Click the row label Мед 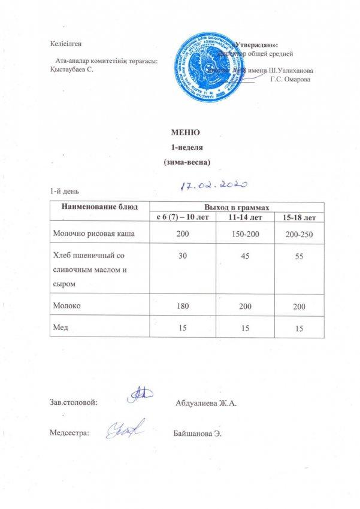tap(60, 328)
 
